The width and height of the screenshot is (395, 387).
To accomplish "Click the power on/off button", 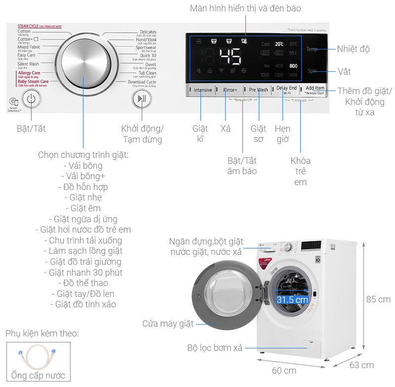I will pos(31,98).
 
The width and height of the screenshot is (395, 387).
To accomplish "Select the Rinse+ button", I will pos(230,90).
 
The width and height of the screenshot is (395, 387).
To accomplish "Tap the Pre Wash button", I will pos(258,90).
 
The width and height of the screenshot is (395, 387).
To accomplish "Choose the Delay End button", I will pos(286,89).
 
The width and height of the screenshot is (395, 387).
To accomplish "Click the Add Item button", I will pos(315,89).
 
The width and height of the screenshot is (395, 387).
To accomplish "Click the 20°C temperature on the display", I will pos(279,44).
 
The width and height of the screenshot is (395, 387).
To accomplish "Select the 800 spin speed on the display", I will pos(293,66).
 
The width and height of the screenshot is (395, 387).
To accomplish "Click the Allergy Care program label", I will pos(29,73).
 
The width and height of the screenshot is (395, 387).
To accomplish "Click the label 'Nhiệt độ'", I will pos(353,49).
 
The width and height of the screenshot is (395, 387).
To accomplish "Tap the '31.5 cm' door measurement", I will pos(292,299).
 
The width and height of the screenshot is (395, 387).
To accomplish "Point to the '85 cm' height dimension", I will pos(378,299).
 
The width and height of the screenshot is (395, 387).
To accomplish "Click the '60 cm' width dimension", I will pos(283,370).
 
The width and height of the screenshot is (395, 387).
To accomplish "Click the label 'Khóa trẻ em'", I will pos(300,171).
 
